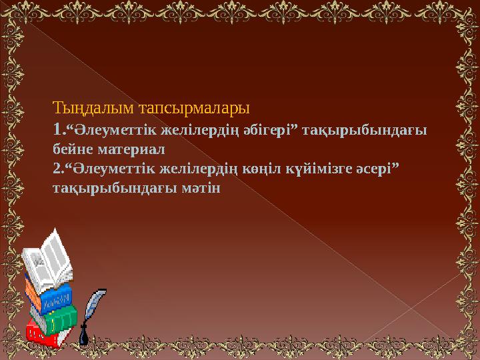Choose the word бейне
(x=70, y=148)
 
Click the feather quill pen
(x=93, y=307)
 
